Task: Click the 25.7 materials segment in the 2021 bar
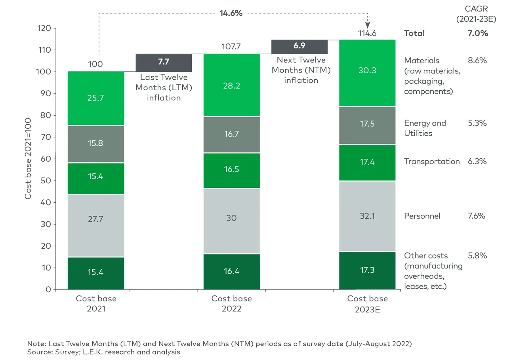pyautogui.click(x=95, y=98)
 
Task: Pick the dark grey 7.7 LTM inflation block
pyautogui.click(x=164, y=63)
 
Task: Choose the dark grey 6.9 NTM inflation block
pyautogui.click(x=299, y=47)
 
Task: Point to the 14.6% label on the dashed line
pyautogui.click(x=231, y=13)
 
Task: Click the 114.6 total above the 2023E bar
pyautogui.click(x=367, y=33)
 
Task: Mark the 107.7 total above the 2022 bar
pyautogui.click(x=231, y=47)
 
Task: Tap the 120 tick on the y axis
pyautogui.click(x=45, y=28)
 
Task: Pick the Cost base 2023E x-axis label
pyautogui.click(x=367, y=304)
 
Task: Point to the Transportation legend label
pyautogui.click(x=432, y=161)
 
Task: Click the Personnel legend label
pyautogui.click(x=422, y=216)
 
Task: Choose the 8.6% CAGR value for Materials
pyautogui.click(x=477, y=61)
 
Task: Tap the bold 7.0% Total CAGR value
pyautogui.click(x=478, y=33)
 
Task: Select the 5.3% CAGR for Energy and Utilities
pyautogui.click(x=477, y=123)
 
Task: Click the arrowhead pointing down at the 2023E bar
pyautogui.click(x=367, y=25)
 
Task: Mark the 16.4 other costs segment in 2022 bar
pyautogui.click(x=231, y=272)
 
